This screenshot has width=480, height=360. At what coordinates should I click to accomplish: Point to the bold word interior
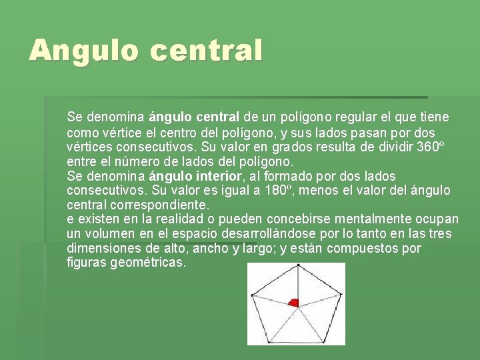(x=215, y=176)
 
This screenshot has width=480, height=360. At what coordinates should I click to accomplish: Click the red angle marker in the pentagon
(x=293, y=302)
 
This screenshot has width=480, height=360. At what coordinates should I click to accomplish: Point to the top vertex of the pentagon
(x=296, y=266)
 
